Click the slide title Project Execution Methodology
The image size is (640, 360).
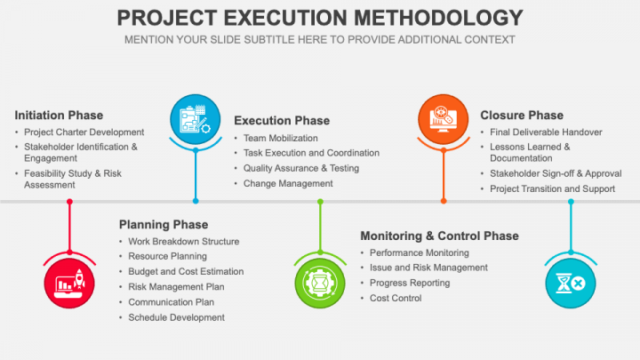click(320, 18)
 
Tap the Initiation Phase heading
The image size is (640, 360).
click(59, 115)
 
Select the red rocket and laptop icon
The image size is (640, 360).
click(69, 283)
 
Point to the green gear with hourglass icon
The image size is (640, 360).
click(320, 283)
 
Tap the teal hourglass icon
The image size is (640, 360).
click(570, 283)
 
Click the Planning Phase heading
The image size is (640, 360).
click(164, 225)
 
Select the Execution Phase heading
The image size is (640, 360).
click(282, 120)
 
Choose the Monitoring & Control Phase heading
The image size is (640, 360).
click(439, 236)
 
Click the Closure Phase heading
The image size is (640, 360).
click(522, 115)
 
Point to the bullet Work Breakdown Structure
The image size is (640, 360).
click(183, 241)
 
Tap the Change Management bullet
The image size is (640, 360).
click(288, 183)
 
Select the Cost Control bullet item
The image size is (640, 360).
click(396, 298)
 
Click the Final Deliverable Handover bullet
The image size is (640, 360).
click(546, 132)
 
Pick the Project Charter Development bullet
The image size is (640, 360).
click(84, 132)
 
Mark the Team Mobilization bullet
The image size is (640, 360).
click(280, 138)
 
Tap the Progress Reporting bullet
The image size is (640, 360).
click(410, 283)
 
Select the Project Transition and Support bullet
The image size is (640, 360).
click(552, 188)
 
